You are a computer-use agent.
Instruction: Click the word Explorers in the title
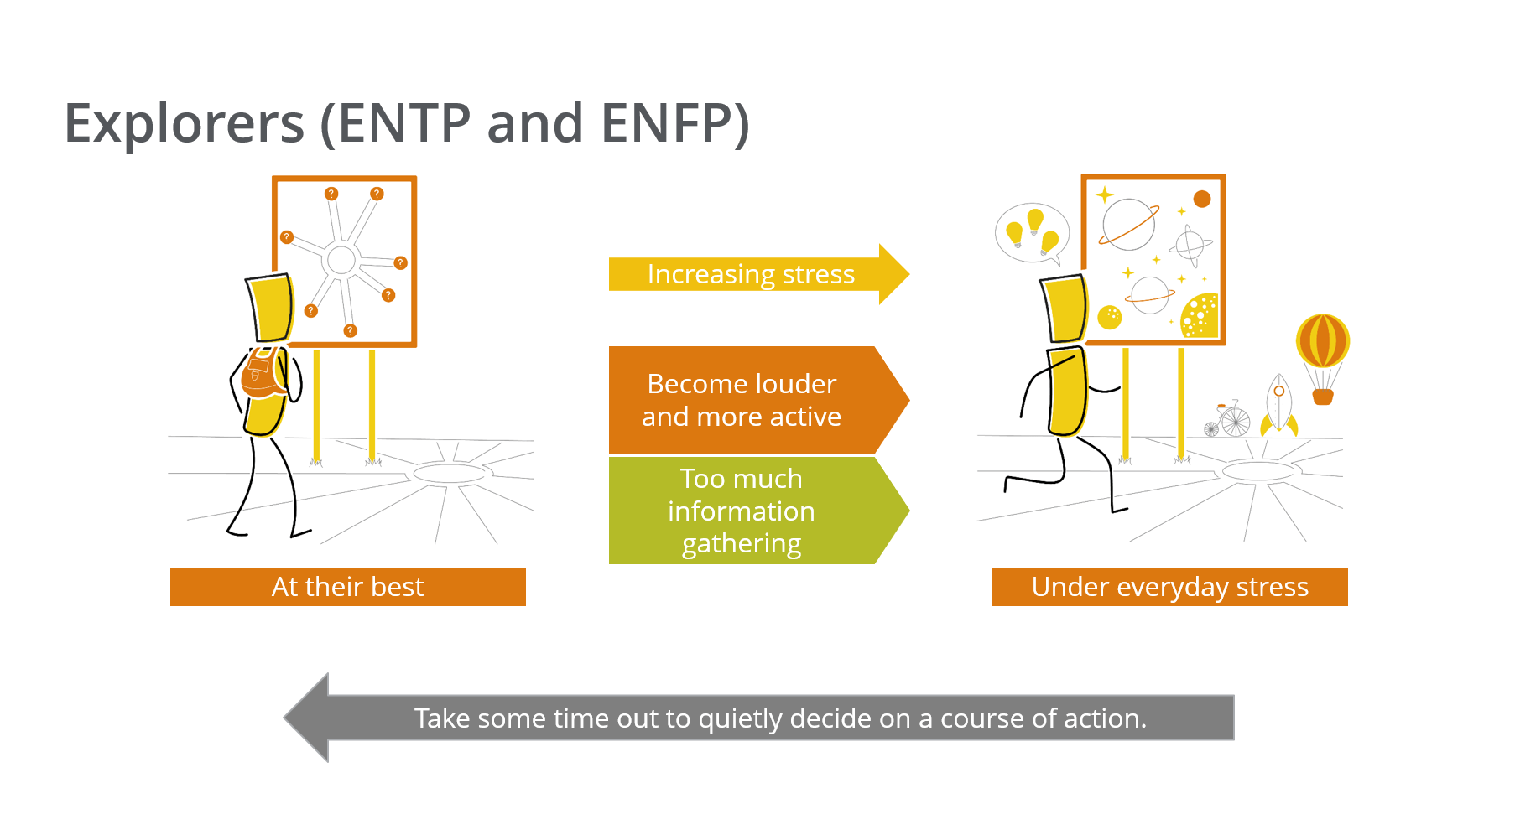[185, 123]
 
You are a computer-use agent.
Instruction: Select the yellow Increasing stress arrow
[758, 274]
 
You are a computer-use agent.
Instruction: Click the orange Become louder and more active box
[758, 401]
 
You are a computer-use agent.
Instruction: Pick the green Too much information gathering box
[758, 511]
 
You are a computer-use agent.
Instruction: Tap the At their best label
[348, 587]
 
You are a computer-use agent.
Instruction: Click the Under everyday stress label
[1170, 587]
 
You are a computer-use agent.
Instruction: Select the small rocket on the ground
[1278, 404]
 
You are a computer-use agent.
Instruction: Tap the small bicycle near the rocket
[1228, 419]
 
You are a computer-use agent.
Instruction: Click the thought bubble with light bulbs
[1032, 233]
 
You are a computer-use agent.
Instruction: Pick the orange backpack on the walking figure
[262, 374]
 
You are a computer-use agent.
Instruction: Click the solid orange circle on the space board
[1202, 199]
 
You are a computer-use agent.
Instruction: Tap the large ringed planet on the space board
[1128, 225]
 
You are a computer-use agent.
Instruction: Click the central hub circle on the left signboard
[341, 260]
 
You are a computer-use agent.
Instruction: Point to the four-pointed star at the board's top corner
[1105, 194]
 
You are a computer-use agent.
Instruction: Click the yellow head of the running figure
[1065, 309]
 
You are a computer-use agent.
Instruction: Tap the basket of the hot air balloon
[1323, 396]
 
